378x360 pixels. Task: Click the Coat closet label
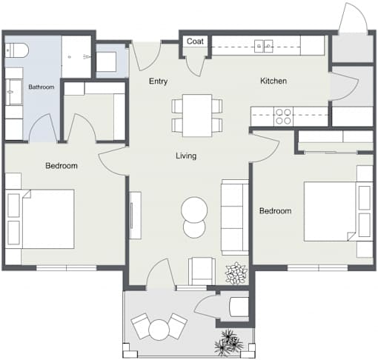tap(195, 41)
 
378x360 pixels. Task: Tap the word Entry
tap(159, 81)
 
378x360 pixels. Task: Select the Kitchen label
tap(273, 81)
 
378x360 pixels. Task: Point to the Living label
tap(186, 156)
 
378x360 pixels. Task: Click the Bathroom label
tap(42, 87)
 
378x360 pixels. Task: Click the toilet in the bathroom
tap(16, 50)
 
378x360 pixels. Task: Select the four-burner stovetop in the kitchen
tap(283, 116)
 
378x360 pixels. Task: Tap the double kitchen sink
tap(264, 46)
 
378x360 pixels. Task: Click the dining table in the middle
tap(197, 116)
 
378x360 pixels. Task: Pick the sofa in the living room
tap(235, 217)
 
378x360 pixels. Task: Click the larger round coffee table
tap(194, 210)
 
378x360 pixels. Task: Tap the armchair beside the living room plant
tap(202, 271)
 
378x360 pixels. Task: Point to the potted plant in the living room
tap(236, 273)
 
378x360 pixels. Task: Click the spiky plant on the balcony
tap(229, 342)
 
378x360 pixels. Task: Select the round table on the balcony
tap(159, 330)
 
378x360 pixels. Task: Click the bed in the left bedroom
tap(40, 219)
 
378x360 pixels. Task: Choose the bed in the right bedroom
tap(339, 211)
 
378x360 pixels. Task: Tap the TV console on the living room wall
tap(136, 216)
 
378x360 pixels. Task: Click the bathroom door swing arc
tap(42, 125)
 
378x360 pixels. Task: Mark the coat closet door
tap(196, 66)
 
